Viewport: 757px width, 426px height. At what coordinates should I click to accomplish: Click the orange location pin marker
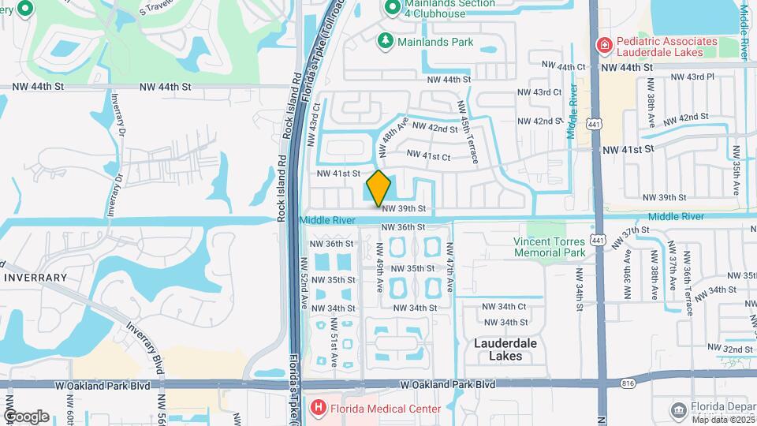[378, 188]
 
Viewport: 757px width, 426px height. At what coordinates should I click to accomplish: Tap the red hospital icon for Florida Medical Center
[318, 408]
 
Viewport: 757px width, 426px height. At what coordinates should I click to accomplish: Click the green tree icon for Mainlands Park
[385, 40]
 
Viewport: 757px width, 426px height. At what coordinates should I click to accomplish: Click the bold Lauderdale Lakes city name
[505, 349]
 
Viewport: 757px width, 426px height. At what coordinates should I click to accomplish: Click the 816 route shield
[627, 383]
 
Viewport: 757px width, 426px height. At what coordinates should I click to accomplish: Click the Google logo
[26, 416]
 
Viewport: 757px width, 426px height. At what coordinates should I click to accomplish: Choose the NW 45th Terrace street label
[468, 132]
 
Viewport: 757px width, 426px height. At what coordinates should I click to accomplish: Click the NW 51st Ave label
[335, 342]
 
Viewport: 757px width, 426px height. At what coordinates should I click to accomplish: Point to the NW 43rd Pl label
[692, 77]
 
